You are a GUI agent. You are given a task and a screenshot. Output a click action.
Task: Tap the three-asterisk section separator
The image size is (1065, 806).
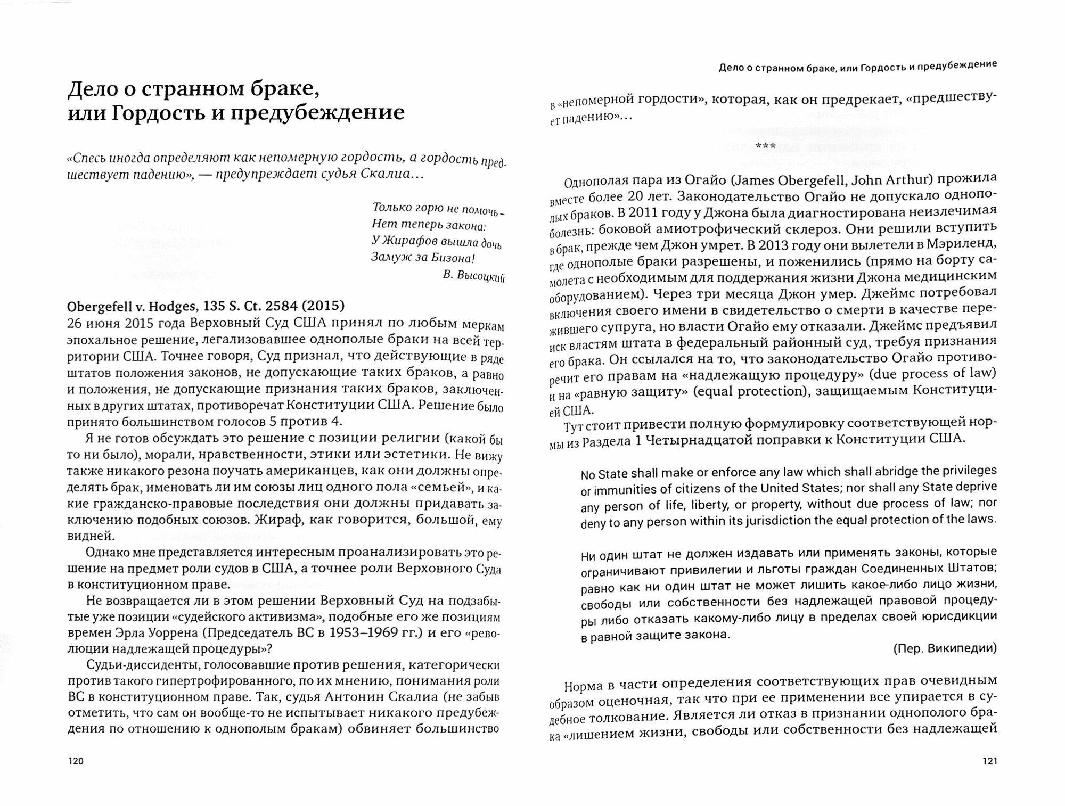(x=765, y=146)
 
